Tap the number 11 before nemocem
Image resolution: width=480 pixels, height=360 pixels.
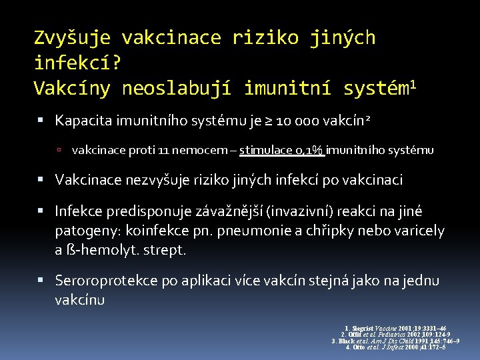click(164, 151)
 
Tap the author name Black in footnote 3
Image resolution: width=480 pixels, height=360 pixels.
click(347, 341)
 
